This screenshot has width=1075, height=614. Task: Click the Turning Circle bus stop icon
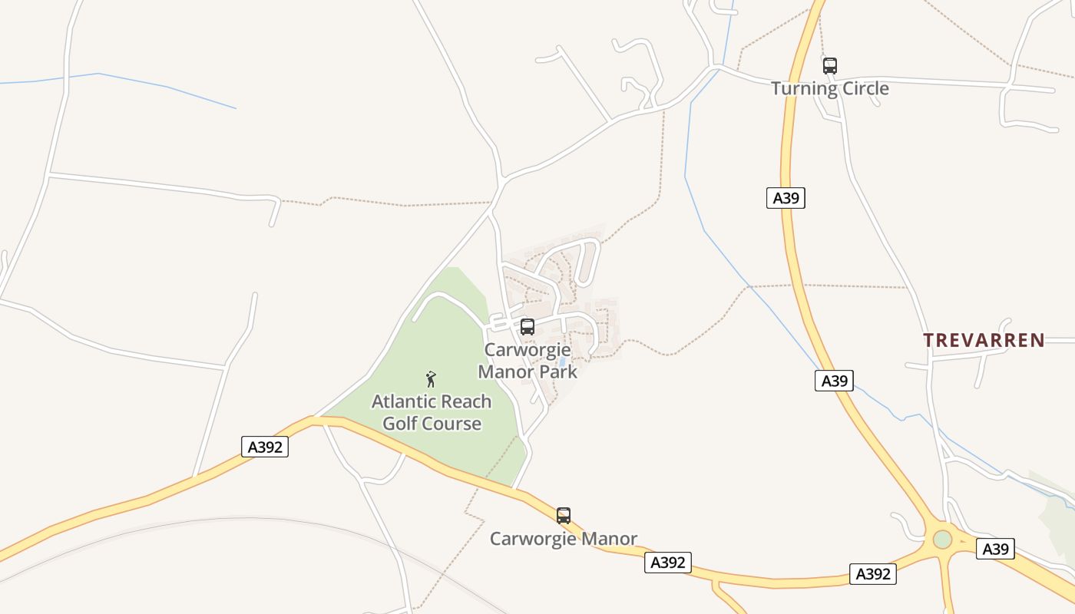[829, 66]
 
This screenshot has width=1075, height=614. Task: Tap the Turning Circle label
[829, 88]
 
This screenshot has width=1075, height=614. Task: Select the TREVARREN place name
[984, 340]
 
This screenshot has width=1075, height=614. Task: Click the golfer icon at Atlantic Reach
[431, 378]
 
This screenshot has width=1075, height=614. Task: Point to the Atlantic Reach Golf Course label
[432, 412]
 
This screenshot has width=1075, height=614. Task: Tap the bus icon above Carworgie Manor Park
[527, 327]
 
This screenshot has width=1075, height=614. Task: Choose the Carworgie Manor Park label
[528, 361]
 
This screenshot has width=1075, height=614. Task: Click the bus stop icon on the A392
[564, 516]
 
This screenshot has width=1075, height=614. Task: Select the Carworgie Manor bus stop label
[564, 539]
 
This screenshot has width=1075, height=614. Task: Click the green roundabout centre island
[942, 540]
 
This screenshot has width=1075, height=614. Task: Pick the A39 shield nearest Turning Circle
[786, 198]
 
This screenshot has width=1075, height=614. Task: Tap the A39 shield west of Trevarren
[834, 381]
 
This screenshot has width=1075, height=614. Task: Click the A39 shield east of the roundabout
[995, 549]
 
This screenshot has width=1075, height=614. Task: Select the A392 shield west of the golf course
[265, 447]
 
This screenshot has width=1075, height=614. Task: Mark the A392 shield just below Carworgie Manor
[667, 563]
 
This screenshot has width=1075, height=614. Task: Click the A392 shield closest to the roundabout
[873, 573]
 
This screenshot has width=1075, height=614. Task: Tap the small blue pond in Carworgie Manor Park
[563, 361]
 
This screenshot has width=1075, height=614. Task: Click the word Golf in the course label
[404, 424]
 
